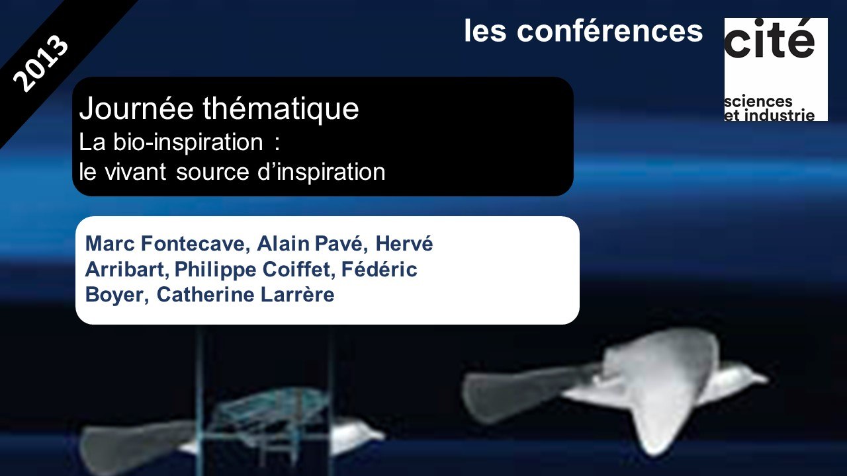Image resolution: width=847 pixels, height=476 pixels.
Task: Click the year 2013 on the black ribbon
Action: (x=41, y=63)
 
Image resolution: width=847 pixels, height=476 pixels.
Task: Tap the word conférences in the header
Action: (x=609, y=31)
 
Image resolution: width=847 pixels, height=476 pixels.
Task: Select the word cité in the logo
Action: (x=770, y=38)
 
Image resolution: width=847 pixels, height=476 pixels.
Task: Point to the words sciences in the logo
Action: (x=758, y=101)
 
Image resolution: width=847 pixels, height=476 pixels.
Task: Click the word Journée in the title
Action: (x=136, y=108)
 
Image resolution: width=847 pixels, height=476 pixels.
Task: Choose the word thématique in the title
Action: (x=281, y=110)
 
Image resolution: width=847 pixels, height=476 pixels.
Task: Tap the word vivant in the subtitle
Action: (x=136, y=173)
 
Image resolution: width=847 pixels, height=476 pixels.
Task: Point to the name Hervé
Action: (x=404, y=243)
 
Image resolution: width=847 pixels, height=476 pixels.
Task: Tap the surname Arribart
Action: (x=127, y=269)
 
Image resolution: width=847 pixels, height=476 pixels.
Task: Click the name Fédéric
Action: (x=379, y=269)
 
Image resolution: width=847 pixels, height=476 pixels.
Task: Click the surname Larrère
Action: (x=298, y=295)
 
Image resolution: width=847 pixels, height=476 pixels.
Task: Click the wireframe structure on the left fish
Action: (x=265, y=408)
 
